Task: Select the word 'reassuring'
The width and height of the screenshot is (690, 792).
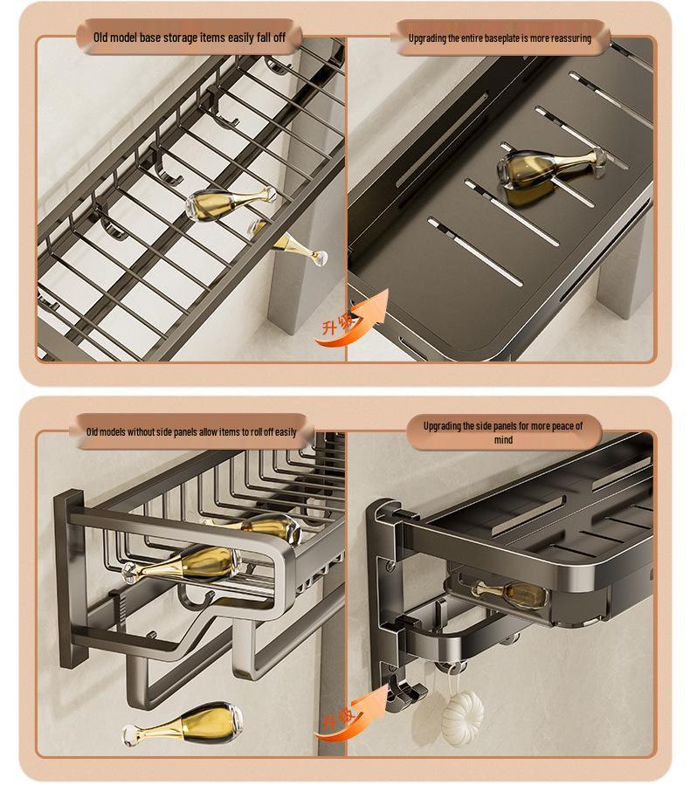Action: [x=571, y=38]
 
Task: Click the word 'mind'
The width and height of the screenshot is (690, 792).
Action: [x=504, y=439]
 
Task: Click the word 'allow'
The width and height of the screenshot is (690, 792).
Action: [x=208, y=432]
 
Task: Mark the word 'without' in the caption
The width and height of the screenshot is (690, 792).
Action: [x=141, y=432]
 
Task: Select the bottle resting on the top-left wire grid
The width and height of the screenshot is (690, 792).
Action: [x=231, y=203]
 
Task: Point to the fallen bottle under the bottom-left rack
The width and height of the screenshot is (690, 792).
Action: [x=183, y=725]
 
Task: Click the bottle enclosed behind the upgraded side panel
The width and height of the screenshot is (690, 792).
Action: [x=511, y=594]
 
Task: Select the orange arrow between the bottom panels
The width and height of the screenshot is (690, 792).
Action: [x=353, y=711]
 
